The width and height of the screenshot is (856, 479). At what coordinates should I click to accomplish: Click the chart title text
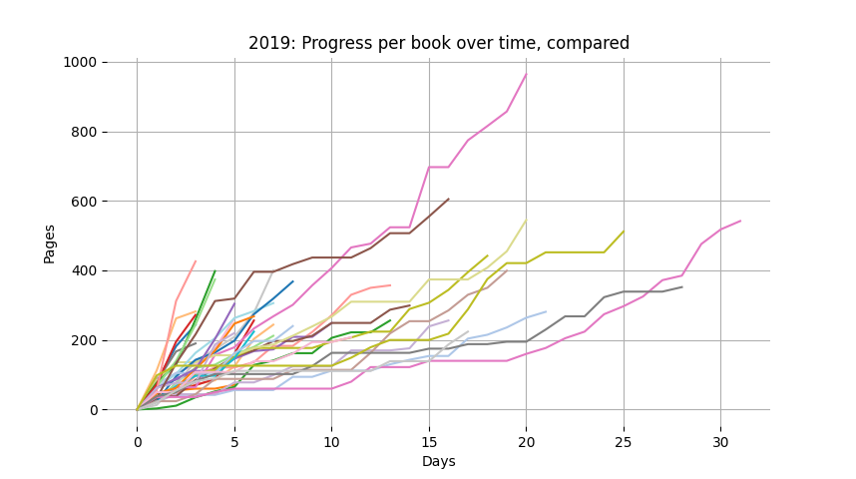pyautogui.click(x=439, y=44)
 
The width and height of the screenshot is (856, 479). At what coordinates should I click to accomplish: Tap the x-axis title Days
pyautogui.click(x=439, y=462)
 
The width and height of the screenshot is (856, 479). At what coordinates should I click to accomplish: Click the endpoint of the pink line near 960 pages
pyautogui.click(x=527, y=74)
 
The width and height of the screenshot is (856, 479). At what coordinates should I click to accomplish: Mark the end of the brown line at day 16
pyautogui.click(x=449, y=199)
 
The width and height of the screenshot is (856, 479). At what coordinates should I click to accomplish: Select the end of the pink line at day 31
pyautogui.click(x=740, y=221)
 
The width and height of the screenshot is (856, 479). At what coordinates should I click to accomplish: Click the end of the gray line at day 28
pyautogui.click(x=682, y=287)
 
